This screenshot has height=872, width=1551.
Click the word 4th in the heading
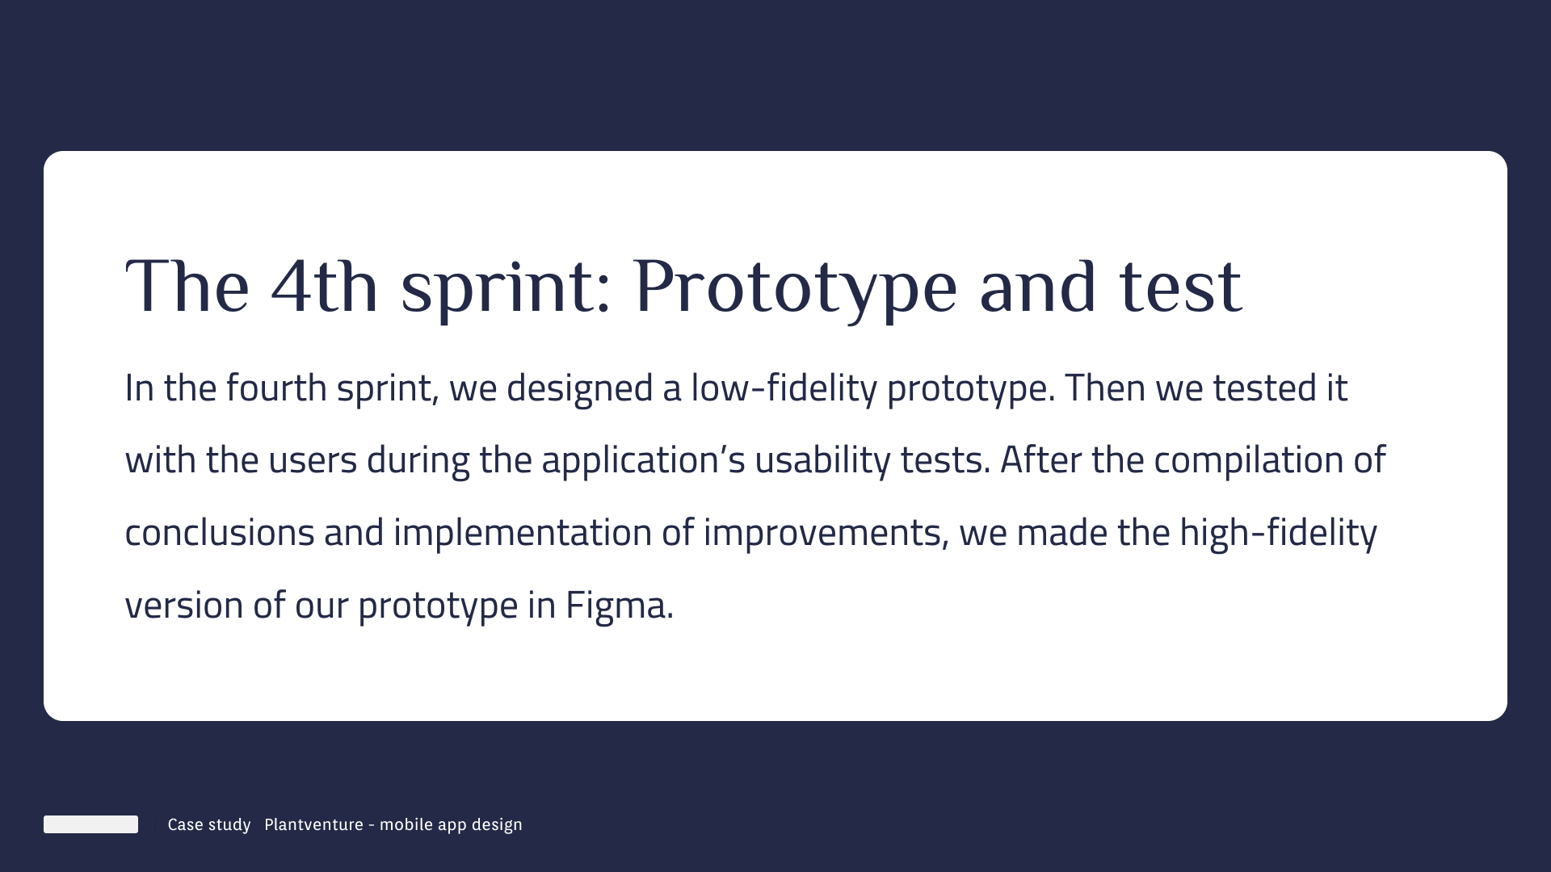click(x=324, y=287)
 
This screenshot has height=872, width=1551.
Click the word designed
click(x=579, y=389)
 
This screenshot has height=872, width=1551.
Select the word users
click(x=313, y=461)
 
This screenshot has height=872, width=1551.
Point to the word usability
click(x=822, y=461)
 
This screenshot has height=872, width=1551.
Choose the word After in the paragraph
click(x=1040, y=459)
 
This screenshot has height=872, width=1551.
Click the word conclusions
click(x=220, y=533)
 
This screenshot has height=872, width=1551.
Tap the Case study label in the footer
click(x=209, y=825)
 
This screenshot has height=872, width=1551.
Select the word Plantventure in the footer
click(x=313, y=824)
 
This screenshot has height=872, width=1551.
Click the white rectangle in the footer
click(x=90, y=824)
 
